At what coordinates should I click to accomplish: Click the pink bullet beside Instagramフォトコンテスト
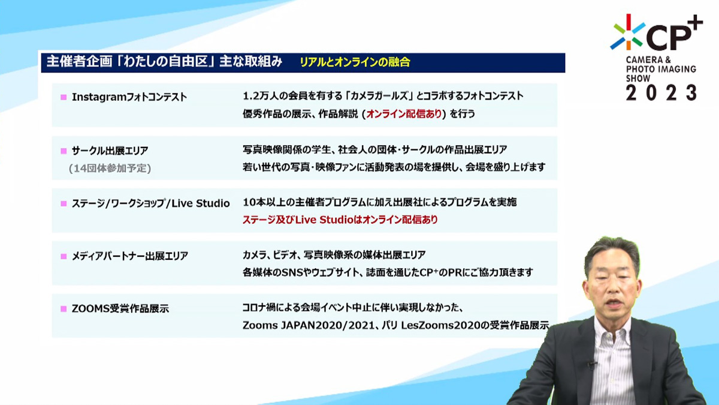[x=64, y=97]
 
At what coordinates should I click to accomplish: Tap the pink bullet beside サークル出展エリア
[x=64, y=151]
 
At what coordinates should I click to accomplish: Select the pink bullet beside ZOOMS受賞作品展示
[x=64, y=309]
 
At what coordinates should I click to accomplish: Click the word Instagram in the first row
[x=98, y=97]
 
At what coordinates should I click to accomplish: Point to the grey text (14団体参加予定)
[x=110, y=168]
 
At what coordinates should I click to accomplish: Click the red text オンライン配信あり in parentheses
[x=404, y=114]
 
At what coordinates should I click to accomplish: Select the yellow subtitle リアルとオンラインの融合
[x=355, y=62]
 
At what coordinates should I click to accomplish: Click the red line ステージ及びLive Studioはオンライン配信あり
[x=340, y=220]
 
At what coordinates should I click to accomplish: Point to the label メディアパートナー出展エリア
[x=129, y=256]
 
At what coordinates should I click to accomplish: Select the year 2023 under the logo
[x=661, y=93]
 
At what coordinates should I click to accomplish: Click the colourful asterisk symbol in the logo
[x=628, y=32]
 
